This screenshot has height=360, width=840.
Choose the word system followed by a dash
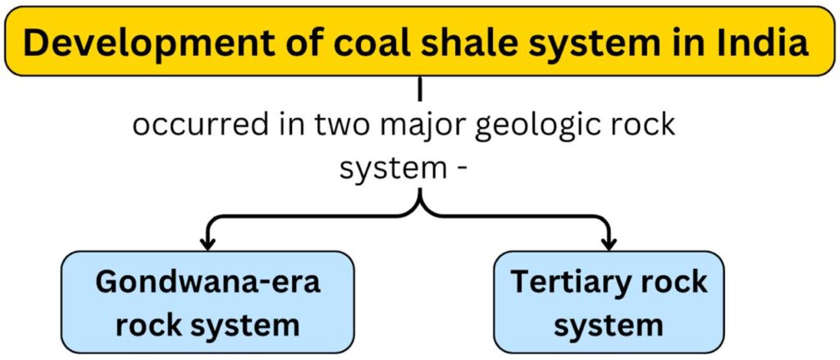click(x=390, y=171)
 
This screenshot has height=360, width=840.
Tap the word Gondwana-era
click(x=208, y=282)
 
